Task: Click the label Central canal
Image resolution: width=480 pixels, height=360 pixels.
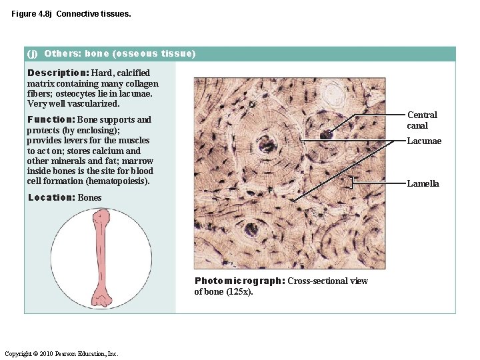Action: [421, 120]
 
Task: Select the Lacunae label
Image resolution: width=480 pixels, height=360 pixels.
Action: [424, 141]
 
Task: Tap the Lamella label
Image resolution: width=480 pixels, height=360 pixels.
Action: [423, 183]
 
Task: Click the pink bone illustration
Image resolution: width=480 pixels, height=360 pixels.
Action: [101, 256]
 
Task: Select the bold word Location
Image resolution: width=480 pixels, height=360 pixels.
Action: [51, 197]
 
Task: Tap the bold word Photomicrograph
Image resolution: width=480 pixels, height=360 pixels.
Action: [239, 281]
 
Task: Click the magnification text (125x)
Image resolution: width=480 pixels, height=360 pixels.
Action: [241, 291]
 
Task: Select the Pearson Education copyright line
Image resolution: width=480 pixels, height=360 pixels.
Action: [61, 353]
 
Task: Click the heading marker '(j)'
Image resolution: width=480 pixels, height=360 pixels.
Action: [33, 53]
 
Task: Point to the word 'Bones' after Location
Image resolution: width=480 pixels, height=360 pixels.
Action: [90, 197]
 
